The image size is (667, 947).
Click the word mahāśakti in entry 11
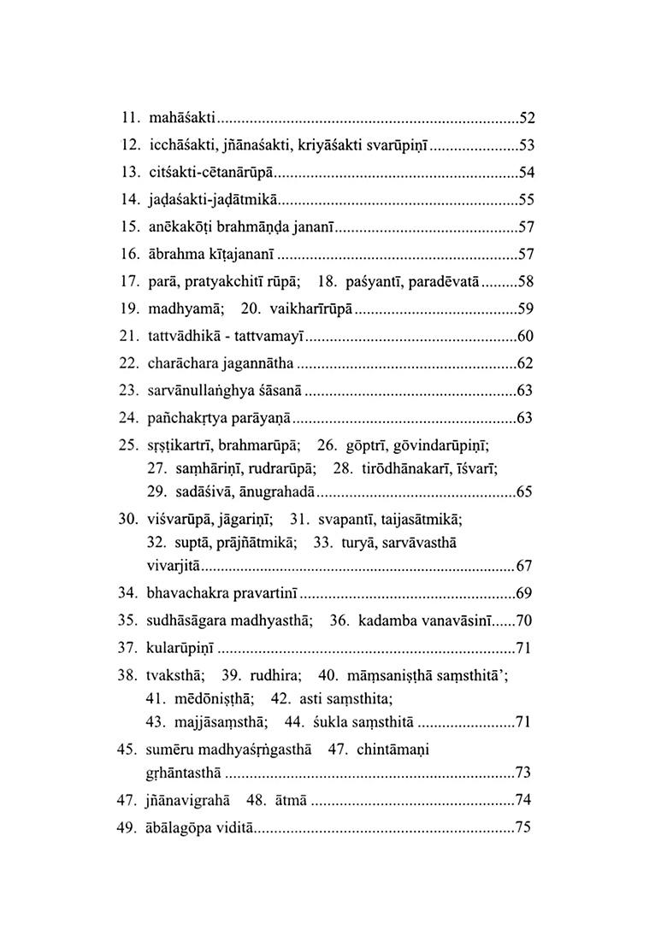tap(183, 118)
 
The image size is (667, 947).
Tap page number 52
tap(527, 118)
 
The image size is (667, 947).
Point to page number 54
tap(527, 173)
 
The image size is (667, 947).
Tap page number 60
tap(527, 336)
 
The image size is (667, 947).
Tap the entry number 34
tap(127, 593)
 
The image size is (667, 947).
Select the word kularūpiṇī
tap(184, 648)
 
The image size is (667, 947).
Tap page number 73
tap(524, 773)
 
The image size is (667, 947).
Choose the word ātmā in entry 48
tap(288, 801)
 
